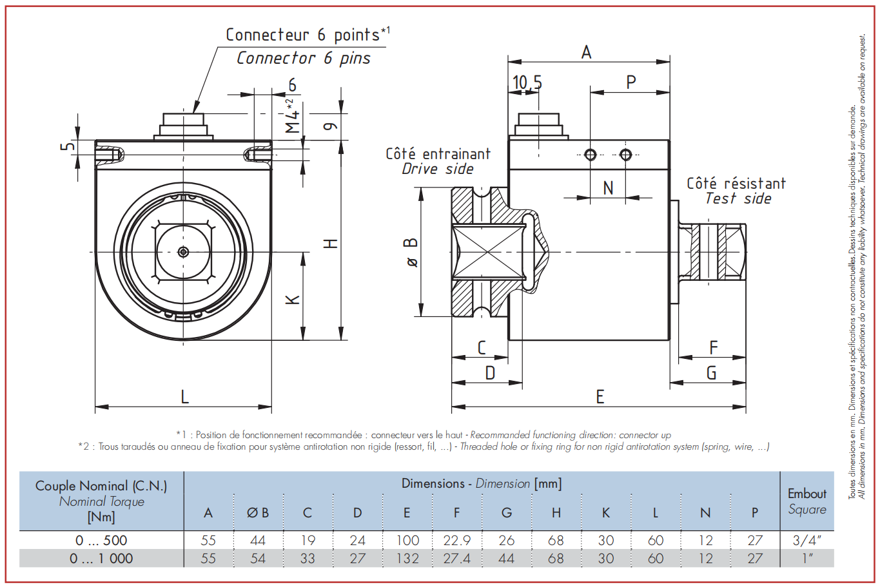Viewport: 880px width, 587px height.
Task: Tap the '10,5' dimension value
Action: coord(527,82)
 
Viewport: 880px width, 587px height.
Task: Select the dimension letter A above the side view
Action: coord(586,52)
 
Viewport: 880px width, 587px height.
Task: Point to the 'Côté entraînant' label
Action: coord(438,153)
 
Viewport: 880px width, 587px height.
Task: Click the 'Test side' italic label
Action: coord(738,198)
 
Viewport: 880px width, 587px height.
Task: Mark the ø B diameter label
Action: coord(411,253)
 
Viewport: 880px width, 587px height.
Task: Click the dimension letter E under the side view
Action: coord(600,397)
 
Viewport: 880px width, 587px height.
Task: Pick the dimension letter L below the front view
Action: coord(184,397)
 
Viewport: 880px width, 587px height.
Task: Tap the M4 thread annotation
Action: coord(293,116)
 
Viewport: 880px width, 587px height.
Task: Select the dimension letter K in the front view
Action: coord(293,300)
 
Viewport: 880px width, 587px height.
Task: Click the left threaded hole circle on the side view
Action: coord(590,155)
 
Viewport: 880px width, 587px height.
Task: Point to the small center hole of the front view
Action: coord(183,252)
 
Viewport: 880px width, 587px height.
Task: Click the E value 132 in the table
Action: coord(407,559)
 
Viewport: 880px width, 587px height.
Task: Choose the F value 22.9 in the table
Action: coord(457,540)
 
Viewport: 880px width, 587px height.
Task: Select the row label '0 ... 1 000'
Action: coord(101,559)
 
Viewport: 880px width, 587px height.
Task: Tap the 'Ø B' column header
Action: coord(258,513)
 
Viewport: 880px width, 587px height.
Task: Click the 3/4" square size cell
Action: coord(807,540)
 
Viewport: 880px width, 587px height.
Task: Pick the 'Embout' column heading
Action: coord(807,494)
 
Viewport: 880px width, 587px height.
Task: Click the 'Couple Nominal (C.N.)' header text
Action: coord(101,486)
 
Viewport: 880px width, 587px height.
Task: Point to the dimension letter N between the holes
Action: coord(608,188)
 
